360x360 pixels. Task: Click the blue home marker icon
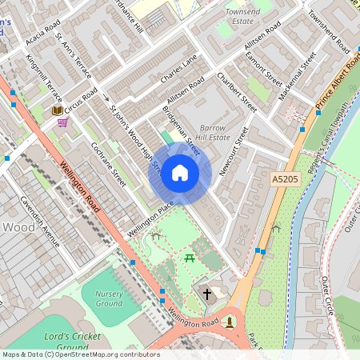tap(180, 173)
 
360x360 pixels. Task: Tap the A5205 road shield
tap(285, 180)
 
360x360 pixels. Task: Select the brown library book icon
tap(57, 110)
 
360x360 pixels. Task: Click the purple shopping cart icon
tap(62, 123)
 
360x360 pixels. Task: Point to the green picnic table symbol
tap(190, 257)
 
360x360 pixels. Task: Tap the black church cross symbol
tap(207, 294)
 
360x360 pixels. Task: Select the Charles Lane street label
tap(178, 70)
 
